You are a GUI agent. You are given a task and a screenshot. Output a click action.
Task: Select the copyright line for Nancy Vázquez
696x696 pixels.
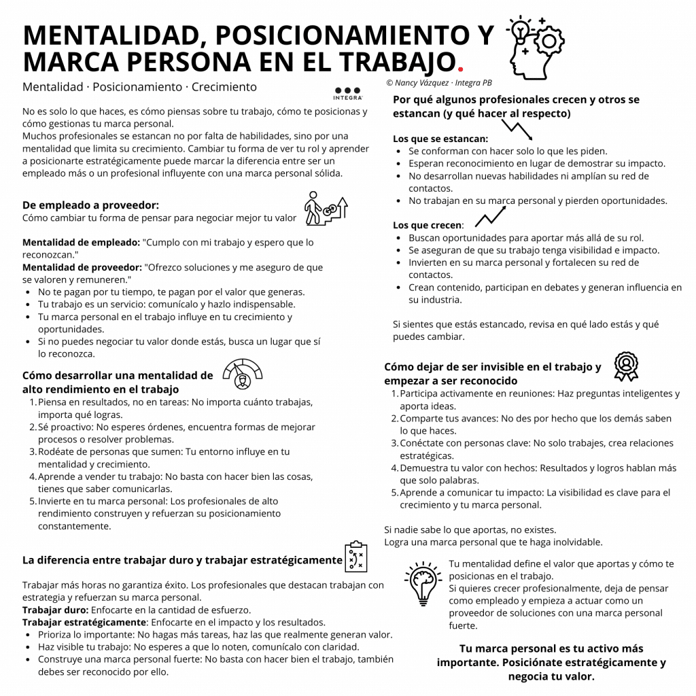[438, 83]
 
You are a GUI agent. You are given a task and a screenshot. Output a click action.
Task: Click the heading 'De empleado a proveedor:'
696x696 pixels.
[90, 205]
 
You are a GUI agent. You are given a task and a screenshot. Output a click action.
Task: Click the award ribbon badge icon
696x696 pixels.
[625, 366]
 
